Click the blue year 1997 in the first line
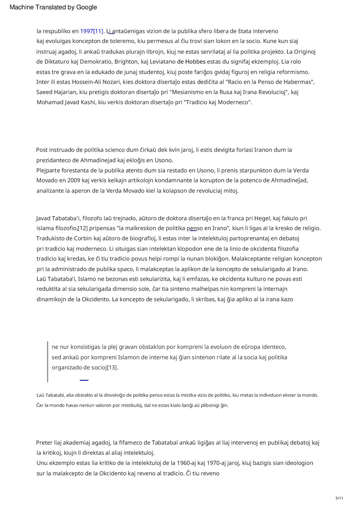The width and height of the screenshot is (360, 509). click(x=87, y=31)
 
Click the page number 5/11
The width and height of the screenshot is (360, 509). click(x=339, y=498)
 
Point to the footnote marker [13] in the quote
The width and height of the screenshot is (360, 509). click(x=113, y=367)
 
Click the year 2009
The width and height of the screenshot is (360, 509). click(x=74, y=180)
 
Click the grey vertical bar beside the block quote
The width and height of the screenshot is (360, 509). click(x=48, y=362)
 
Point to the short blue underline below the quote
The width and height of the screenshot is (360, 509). click(x=84, y=380)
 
